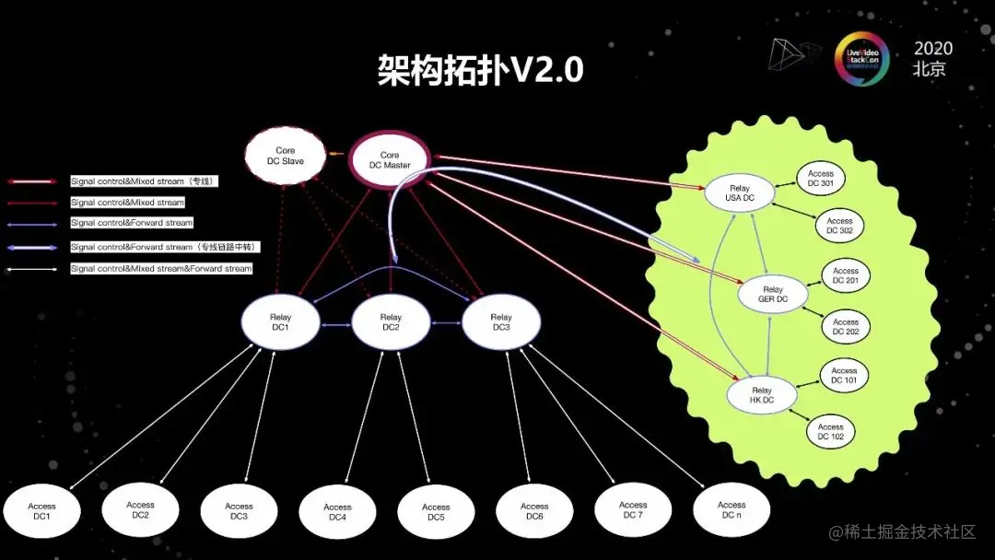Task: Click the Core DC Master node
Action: [x=390, y=160]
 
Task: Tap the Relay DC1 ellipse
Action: [x=280, y=322]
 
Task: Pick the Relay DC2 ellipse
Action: [x=391, y=322]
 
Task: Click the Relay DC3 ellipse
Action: [x=501, y=322]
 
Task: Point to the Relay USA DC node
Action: [x=740, y=193]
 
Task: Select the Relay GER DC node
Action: [x=773, y=295]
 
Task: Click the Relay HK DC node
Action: [x=761, y=395]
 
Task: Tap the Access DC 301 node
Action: [x=820, y=178]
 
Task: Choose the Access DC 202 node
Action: [x=845, y=327]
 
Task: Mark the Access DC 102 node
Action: [x=830, y=431]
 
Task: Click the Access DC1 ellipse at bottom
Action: [x=41, y=511]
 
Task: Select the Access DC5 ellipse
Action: [x=436, y=512]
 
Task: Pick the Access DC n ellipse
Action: [x=732, y=509]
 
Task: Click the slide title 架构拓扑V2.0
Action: [x=480, y=69]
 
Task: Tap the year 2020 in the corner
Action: [x=932, y=49]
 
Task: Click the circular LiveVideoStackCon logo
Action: [x=861, y=58]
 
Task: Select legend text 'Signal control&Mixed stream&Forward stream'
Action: [x=161, y=269]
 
